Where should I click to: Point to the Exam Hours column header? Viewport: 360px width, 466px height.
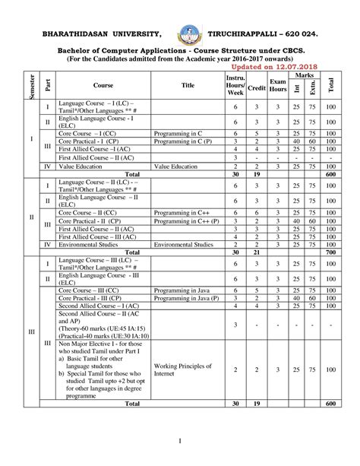point(278,85)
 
